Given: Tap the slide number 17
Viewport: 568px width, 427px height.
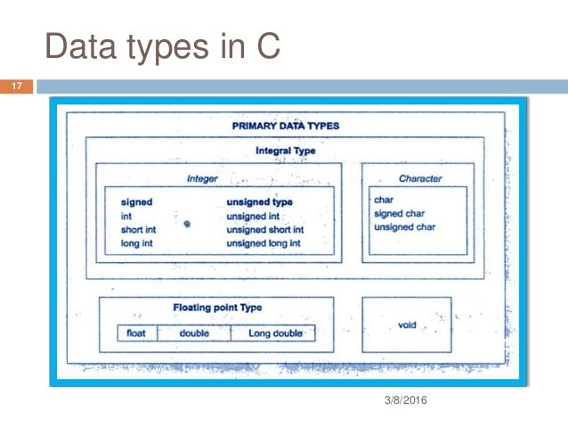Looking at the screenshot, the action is (x=15, y=87).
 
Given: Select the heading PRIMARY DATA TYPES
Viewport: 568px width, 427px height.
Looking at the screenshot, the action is (x=285, y=126).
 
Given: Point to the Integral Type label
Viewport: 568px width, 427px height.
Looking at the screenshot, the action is (x=285, y=151).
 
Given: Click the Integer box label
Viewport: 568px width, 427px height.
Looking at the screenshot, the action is (x=202, y=178).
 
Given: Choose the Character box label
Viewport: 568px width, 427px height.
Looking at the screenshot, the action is (x=419, y=178).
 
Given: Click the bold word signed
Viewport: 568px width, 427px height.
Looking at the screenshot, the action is (x=136, y=201).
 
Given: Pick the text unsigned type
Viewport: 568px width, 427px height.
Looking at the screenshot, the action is (x=260, y=201).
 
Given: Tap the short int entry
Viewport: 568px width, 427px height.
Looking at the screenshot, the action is (x=139, y=229).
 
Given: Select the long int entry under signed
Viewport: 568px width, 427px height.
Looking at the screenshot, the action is (x=136, y=242).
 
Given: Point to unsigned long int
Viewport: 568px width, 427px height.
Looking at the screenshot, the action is (x=264, y=242).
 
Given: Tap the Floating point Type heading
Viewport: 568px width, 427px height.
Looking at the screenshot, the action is (x=217, y=308).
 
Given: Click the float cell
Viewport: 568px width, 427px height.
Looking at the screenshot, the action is (x=136, y=333).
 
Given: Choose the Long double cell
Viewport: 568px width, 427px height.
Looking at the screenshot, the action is (x=275, y=333).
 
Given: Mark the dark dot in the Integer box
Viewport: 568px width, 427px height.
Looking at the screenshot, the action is (x=187, y=225).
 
